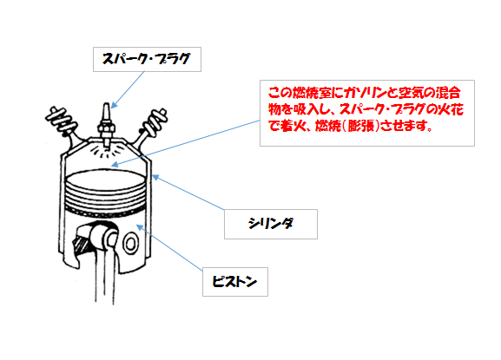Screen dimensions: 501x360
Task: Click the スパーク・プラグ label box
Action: pyautogui.click(x=147, y=59)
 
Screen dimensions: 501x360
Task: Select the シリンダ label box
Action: pyautogui.click(x=271, y=224)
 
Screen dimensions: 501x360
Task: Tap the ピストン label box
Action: pyautogui.click(x=235, y=282)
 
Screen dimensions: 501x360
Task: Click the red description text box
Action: pyautogui.click(x=367, y=113)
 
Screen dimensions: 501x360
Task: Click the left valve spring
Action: pyautogui.click(x=62, y=120)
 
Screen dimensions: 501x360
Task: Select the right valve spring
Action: pyautogui.click(x=155, y=121)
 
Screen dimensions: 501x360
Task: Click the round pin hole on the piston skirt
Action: pyautogui.click(x=130, y=244)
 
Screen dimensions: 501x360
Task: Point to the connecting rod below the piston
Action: pyautogui.click(x=105, y=274)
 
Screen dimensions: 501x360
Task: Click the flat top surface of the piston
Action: pyautogui.click(x=105, y=178)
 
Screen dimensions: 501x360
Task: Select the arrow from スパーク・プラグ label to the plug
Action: pyautogui.click(x=128, y=89)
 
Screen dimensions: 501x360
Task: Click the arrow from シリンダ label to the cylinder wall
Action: pyautogui.click(x=188, y=192)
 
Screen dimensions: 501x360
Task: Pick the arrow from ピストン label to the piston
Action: pyautogui.click(x=169, y=247)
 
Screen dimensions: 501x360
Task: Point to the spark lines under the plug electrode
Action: pyautogui.click(x=107, y=151)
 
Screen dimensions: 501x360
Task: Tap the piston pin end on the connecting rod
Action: pyautogui.click(x=111, y=239)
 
